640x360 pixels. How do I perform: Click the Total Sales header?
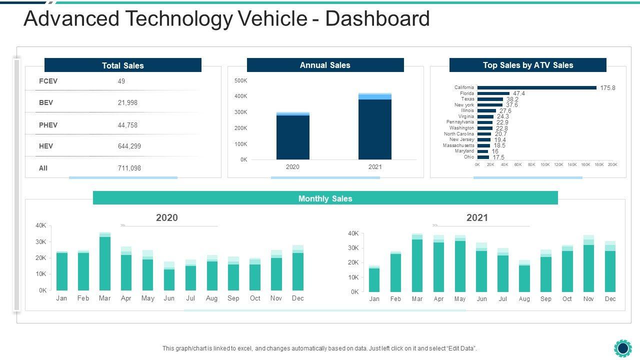click(x=123, y=65)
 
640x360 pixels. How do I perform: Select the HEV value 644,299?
click(x=129, y=146)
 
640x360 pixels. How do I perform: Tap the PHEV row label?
click(x=48, y=125)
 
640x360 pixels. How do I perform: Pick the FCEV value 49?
click(x=121, y=81)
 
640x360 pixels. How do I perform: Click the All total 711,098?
click(x=129, y=168)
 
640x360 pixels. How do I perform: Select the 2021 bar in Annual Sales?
click(x=375, y=127)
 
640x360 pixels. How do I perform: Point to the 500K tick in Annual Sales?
click(x=241, y=80)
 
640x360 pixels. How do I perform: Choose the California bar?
click(x=536, y=87)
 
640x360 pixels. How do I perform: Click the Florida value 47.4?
click(x=518, y=93)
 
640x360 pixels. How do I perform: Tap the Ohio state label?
click(x=469, y=157)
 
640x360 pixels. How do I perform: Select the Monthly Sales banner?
click(x=325, y=198)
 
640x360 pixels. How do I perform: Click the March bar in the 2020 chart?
click(x=104, y=262)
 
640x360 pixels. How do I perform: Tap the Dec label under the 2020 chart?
click(x=297, y=298)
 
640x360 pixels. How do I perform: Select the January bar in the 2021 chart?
click(x=374, y=279)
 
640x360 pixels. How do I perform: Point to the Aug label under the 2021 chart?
click(x=524, y=299)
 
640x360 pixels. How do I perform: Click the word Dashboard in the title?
click(x=377, y=19)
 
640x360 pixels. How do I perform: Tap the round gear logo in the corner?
click(x=622, y=348)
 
